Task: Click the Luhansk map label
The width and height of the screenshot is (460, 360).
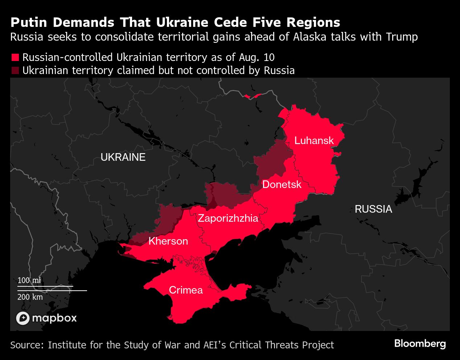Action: [314, 140]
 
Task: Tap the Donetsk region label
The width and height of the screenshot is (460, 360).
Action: [282, 184]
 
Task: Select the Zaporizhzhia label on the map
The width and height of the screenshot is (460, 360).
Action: [228, 218]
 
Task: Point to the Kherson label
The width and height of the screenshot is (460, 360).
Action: [168, 241]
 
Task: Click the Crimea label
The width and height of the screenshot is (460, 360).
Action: [186, 290]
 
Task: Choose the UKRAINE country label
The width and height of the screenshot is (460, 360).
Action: [123, 157]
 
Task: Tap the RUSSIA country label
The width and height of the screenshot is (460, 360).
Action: [373, 209]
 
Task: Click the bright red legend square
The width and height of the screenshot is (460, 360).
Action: [15, 58]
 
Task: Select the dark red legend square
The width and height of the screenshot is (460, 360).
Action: [15, 70]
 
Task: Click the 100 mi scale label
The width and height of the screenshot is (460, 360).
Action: [29, 281]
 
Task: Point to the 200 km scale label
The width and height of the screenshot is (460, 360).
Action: [30, 297]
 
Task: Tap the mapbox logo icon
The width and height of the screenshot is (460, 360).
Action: [23, 318]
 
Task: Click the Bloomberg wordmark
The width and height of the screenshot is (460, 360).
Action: [420, 343]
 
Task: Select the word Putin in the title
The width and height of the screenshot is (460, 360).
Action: [29, 22]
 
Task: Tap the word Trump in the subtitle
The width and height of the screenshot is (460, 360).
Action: [402, 37]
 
